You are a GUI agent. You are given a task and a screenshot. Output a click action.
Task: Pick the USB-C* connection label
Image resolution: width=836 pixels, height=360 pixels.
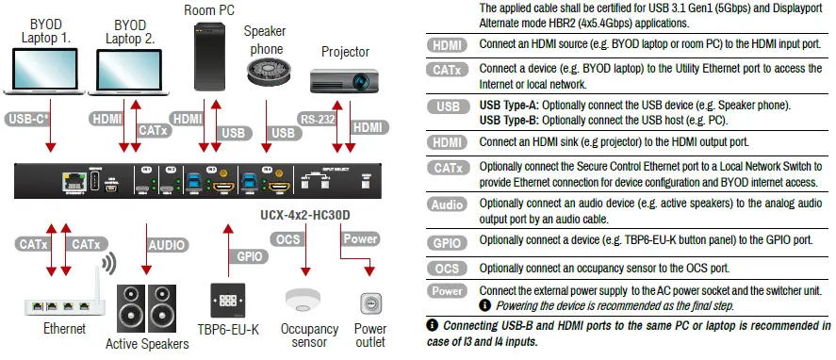point(29,120)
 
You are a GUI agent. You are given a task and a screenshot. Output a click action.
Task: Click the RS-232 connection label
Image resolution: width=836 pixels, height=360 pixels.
point(317,120)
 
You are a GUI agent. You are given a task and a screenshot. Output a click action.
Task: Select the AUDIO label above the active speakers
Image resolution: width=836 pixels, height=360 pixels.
point(166,244)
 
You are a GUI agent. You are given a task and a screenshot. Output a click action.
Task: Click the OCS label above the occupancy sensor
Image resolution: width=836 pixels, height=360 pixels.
point(288,238)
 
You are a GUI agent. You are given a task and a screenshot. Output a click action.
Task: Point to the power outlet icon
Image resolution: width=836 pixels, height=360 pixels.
point(370,303)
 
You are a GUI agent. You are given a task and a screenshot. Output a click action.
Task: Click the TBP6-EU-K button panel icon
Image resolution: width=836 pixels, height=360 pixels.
point(229,300)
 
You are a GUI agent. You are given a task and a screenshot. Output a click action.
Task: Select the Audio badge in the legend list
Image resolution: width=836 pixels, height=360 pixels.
point(447,205)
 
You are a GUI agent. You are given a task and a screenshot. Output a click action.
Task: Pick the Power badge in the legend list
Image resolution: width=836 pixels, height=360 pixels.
point(447,291)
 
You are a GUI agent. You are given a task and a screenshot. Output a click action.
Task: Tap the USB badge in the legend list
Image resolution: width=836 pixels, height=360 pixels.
point(447,107)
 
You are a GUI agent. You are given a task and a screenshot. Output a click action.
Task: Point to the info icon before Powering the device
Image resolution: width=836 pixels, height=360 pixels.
point(484,305)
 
